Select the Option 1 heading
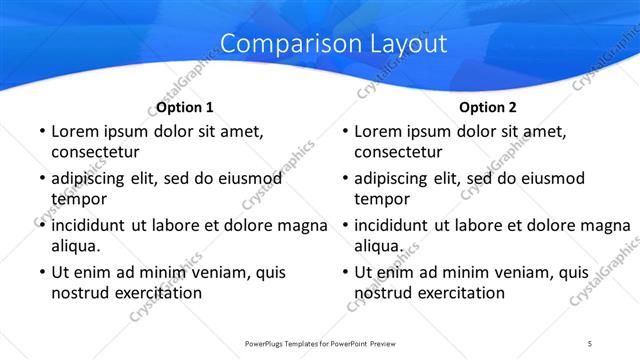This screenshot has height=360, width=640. [x=185, y=107]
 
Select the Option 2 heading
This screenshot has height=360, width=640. [x=488, y=107]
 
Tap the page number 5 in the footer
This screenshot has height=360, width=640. [x=590, y=343]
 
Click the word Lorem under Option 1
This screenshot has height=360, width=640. [x=75, y=131]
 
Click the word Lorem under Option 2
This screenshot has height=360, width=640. [x=378, y=131]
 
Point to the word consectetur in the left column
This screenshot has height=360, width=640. [x=95, y=152]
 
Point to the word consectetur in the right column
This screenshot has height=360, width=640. [x=398, y=152]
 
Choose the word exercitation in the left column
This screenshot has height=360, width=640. [x=157, y=293]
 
